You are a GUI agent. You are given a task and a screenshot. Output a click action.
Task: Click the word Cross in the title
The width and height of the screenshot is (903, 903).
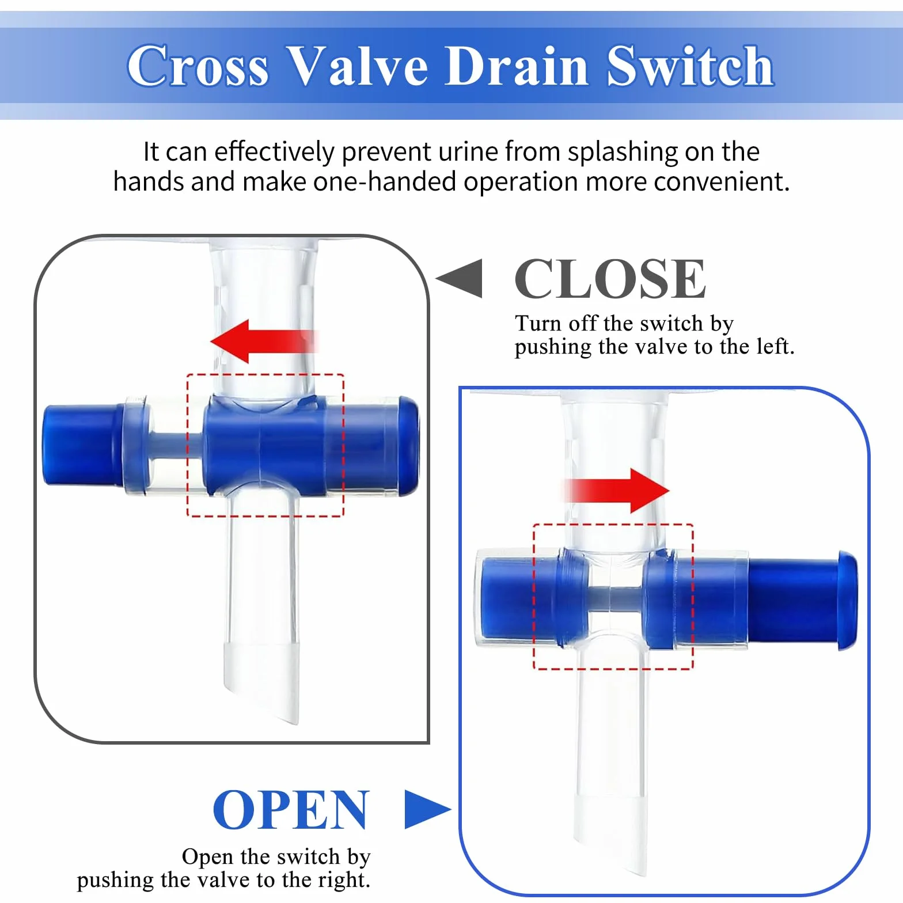coord(198,66)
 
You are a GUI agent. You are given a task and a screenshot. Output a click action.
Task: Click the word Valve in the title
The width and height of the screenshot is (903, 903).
coord(357,66)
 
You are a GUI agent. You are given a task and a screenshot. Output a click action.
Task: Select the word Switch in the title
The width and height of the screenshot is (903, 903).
coord(690,66)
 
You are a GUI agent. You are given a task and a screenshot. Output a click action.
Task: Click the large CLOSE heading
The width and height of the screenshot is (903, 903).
coord(610,279)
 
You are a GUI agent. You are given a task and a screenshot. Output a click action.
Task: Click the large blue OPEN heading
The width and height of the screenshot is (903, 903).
coord(291,810)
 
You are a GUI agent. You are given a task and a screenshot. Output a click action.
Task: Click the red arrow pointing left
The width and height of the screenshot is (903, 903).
coord(264,342)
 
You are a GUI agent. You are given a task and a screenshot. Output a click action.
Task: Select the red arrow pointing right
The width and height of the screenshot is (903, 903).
coord(616,491)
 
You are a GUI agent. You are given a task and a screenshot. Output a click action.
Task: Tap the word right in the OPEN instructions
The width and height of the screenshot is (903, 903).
coord(344,881)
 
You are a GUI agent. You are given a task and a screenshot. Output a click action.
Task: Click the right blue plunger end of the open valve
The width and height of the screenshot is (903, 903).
coord(803,600)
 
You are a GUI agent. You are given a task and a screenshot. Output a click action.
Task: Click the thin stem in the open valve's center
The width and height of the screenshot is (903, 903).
coord(615,600)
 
